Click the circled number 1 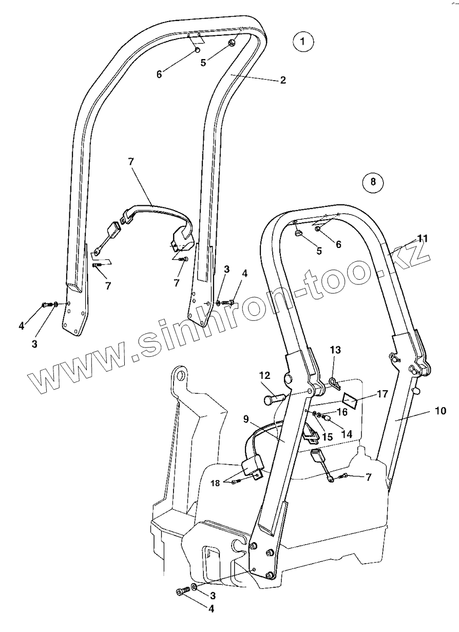tap(303, 41)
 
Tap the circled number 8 tap(373, 181)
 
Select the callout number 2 tap(282, 80)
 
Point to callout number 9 tap(246, 419)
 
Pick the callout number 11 tap(422, 238)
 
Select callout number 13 tap(335, 350)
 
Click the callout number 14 tap(347, 434)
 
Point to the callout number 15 tap(327, 437)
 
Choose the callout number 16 tap(342, 411)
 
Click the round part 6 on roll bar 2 tap(197, 49)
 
